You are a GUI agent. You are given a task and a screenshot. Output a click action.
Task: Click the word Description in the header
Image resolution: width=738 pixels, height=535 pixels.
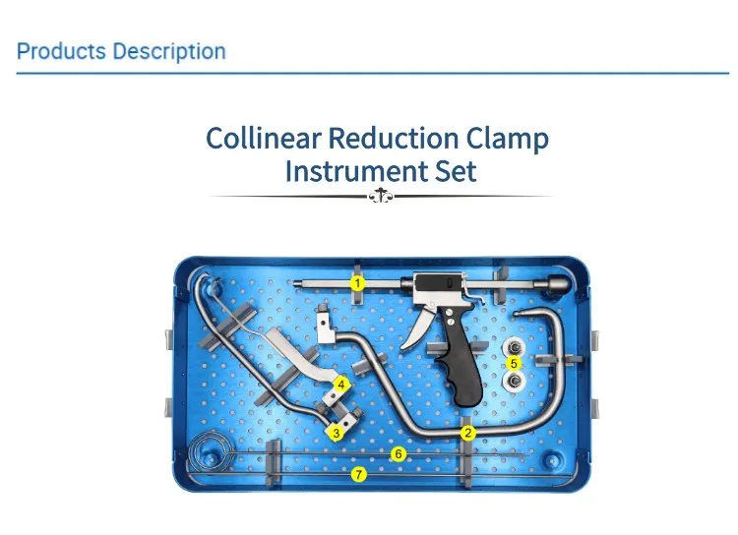[x=169, y=51]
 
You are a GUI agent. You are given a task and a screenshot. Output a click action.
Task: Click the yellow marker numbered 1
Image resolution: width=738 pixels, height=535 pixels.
[x=358, y=282]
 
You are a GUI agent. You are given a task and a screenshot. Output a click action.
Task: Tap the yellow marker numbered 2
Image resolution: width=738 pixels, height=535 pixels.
[x=468, y=432]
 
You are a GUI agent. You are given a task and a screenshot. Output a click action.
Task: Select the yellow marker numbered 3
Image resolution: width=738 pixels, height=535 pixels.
[x=337, y=432]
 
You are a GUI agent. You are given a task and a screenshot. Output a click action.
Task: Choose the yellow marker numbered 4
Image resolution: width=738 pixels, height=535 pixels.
[x=341, y=383]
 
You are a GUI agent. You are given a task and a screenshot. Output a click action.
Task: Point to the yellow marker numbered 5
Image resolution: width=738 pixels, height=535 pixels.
[x=513, y=363]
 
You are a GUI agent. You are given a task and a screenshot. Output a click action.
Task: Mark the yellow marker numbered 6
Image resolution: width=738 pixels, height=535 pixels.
[x=399, y=453]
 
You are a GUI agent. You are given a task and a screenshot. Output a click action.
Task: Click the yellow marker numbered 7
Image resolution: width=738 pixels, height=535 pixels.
[x=358, y=475]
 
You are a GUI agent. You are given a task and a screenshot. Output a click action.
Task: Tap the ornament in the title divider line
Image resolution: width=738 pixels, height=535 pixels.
[x=380, y=197]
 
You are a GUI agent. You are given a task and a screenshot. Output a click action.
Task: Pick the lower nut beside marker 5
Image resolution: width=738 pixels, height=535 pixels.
[x=512, y=380]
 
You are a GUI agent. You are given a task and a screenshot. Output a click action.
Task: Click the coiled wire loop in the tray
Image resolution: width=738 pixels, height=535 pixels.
[x=209, y=451]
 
